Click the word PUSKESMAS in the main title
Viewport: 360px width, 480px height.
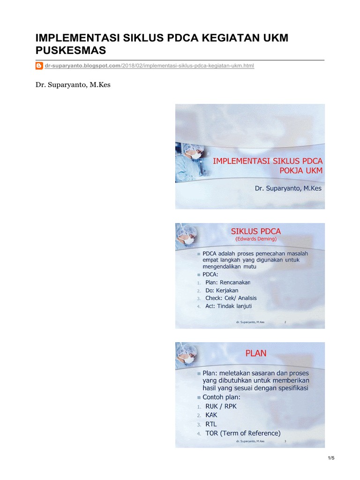[72, 50]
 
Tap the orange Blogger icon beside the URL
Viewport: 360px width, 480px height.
[39, 66]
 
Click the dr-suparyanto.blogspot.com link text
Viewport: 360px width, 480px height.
[82, 66]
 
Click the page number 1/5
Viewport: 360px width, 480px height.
[331, 458]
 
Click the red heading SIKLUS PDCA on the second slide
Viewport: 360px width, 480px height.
[256, 231]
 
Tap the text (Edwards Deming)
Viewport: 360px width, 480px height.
[256, 239]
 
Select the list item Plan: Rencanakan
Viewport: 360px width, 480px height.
[228, 282]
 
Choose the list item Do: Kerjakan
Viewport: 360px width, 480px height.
[222, 290]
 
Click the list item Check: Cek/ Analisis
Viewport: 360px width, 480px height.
[231, 298]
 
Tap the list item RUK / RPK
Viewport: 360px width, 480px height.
[221, 406]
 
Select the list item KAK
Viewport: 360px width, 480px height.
[211, 415]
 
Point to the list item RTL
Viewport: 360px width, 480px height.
[211, 424]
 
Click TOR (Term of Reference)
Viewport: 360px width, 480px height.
[243, 433]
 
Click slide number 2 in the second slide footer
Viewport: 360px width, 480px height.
[285, 322]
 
